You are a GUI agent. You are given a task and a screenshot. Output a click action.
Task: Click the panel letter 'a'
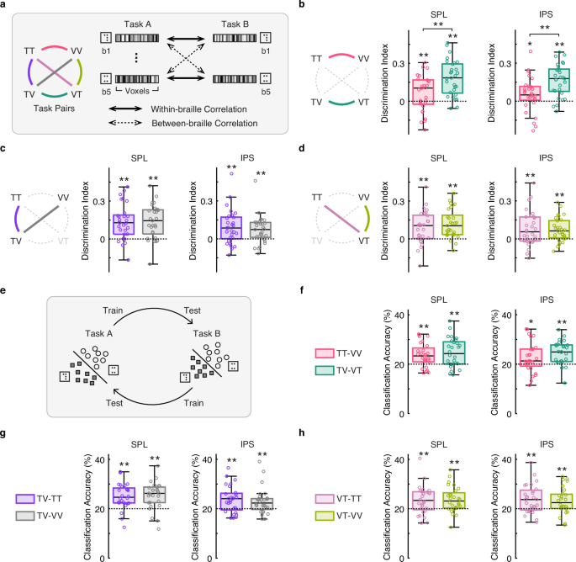coord(5,7)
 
